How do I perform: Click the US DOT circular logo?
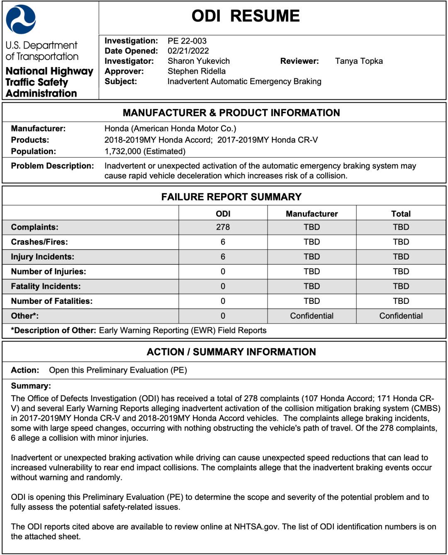(x=21, y=19)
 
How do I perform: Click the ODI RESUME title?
(x=246, y=16)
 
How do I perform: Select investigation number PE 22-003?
(x=187, y=41)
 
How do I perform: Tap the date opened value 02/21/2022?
(x=188, y=51)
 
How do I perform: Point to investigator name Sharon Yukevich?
(x=198, y=61)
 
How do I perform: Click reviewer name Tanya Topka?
(x=359, y=61)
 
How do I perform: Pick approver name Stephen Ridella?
(x=196, y=71)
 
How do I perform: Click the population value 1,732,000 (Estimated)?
(x=145, y=151)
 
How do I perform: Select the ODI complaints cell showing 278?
(x=223, y=227)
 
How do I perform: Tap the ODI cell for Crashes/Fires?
(x=223, y=242)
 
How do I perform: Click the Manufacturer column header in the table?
(x=312, y=214)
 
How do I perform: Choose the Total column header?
(x=401, y=214)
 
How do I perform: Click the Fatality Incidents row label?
(x=46, y=286)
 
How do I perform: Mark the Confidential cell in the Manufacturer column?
(x=312, y=316)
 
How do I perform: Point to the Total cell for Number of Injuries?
(x=401, y=271)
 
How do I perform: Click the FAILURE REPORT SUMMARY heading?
(x=231, y=197)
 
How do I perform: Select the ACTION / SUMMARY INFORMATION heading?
(x=231, y=352)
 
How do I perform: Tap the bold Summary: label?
(x=31, y=386)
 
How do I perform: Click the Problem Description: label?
(x=53, y=166)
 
